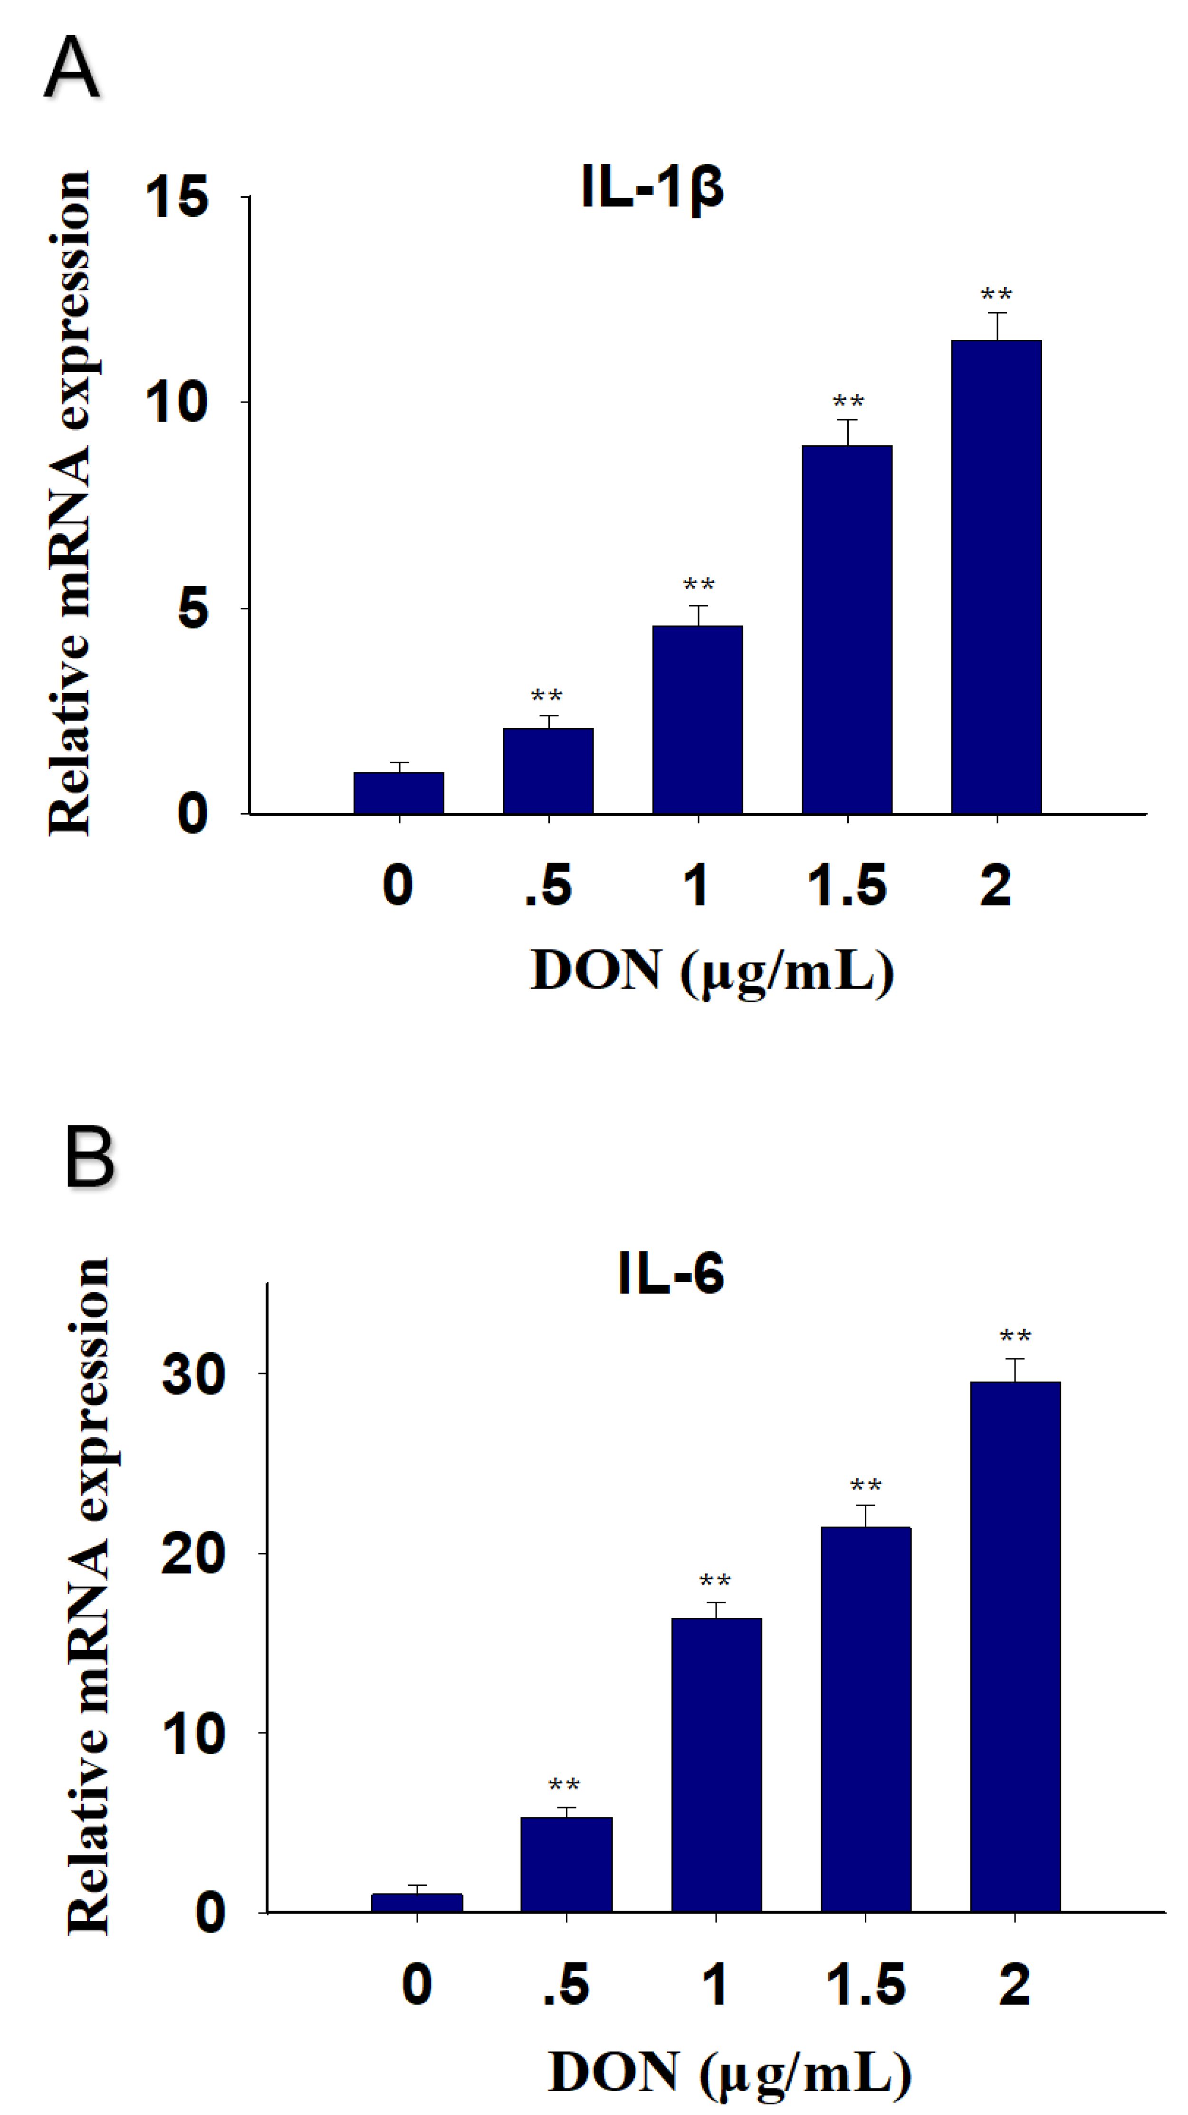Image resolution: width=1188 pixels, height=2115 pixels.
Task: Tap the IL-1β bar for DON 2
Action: (996, 577)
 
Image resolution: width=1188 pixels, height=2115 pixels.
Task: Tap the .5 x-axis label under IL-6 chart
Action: (566, 1985)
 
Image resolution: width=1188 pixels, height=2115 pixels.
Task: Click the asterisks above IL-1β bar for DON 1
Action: (699, 585)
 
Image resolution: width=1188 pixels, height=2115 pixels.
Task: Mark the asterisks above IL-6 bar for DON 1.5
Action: (865, 1486)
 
